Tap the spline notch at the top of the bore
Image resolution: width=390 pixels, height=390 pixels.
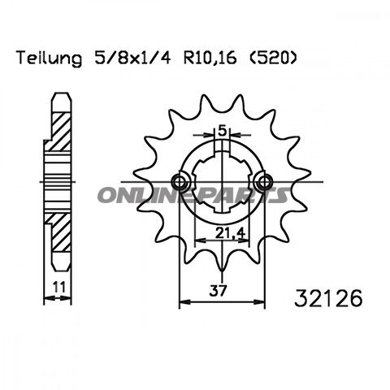(221, 145)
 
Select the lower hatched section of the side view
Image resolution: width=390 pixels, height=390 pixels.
(58, 236)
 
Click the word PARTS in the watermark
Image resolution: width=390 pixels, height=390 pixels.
(244, 195)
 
